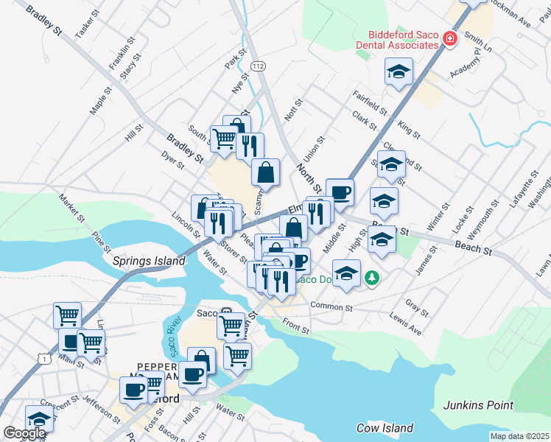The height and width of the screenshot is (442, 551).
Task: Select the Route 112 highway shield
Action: point(256,66)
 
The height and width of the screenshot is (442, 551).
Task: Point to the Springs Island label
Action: point(138,261)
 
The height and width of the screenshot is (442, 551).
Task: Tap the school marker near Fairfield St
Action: point(399,71)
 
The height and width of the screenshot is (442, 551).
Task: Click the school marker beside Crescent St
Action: point(39,418)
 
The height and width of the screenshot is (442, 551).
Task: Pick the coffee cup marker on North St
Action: point(340,192)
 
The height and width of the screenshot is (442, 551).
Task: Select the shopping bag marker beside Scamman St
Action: point(265,172)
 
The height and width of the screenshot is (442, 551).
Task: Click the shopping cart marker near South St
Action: point(224,137)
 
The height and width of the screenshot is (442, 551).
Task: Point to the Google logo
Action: point(25,432)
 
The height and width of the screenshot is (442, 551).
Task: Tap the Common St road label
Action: point(331,306)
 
